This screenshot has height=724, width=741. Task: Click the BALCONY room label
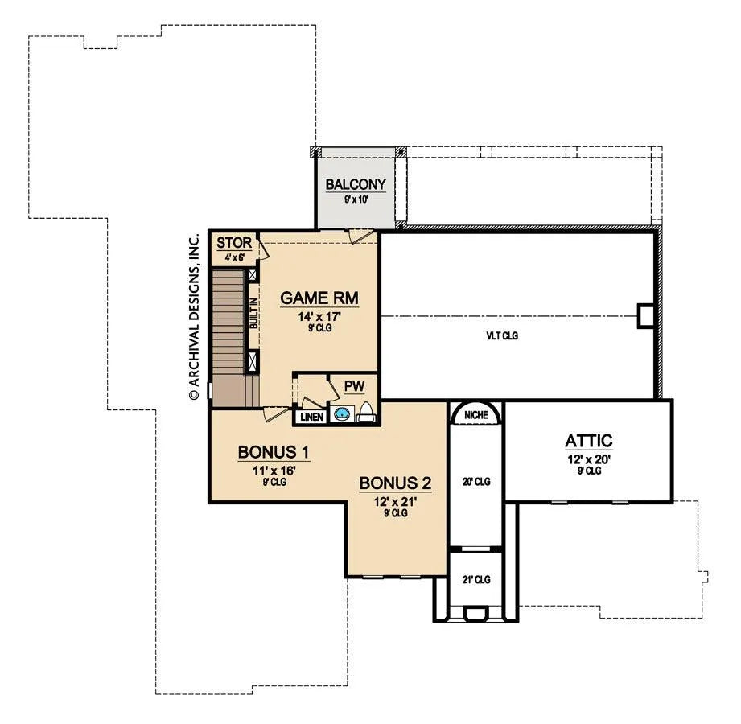pyautogui.click(x=356, y=184)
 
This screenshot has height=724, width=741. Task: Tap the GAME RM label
pyautogui.click(x=319, y=298)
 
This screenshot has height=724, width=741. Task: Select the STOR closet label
pyautogui.click(x=234, y=243)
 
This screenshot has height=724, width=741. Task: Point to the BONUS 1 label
pyautogui.click(x=274, y=452)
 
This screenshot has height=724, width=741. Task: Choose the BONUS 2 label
pyautogui.click(x=395, y=483)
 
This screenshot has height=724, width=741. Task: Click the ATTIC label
pyautogui.click(x=589, y=441)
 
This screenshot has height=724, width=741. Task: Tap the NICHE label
pyautogui.click(x=475, y=415)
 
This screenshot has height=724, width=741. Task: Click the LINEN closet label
pyautogui.click(x=312, y=417)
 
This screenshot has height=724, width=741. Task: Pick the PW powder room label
pyautogui.click(x=355, y=386)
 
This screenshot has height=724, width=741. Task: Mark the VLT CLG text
pyautogui.click(x=502, y=336)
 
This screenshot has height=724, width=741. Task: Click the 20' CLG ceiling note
pyautogui.click(x=476, y=482)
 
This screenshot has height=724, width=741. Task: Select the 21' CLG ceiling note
pyautogui.click(x=476, y=579)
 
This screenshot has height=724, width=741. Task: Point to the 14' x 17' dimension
pyautogui.click(x=319, y=316)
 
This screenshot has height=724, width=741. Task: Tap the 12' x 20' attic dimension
pyautogui.click(x=589, y=459)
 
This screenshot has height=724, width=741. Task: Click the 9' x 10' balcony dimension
pyautogui.click(x=356, y=200)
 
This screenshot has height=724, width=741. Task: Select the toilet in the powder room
pyautogui.click(x=366, y=412)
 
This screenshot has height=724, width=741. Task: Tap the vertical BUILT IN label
pyautogui.click(x=254, y=313)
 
